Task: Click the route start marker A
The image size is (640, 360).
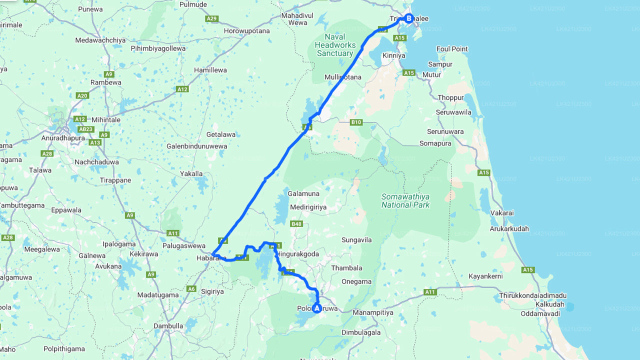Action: click(x=316, y=308)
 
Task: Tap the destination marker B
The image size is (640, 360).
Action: click(x=408, y=19)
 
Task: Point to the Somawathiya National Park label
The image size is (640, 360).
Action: click(x=405, y=200)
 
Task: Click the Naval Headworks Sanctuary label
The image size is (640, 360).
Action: click(x=335, y=45)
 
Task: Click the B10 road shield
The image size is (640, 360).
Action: click(x=356, y=122)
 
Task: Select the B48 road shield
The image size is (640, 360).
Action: click(x=296, y=224)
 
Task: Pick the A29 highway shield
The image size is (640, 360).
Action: click(x=211, y=18)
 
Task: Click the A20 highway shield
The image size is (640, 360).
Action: click(x=82, y=95)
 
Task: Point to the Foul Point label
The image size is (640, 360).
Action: click(x=452, y=49)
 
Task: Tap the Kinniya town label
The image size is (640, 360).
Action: click(x=393, y=55)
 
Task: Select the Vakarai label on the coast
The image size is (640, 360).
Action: click(x=501, y=213)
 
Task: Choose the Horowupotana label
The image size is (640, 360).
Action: click(x=246, y=31)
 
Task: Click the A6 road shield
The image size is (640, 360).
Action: click(x=191, y=288)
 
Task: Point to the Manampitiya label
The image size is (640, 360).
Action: click(x=373, y=312)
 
